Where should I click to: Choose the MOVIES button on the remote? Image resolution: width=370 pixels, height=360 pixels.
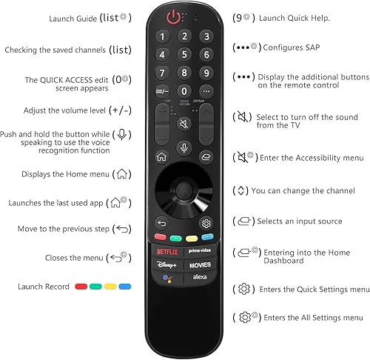tap(199, 264)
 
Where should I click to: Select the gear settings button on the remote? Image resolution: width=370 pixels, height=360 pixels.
tap(206, 223)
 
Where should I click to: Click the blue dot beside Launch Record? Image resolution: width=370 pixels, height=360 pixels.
tap(125, 286)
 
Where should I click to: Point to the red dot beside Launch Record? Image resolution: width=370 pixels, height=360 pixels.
tap(80, 286)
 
